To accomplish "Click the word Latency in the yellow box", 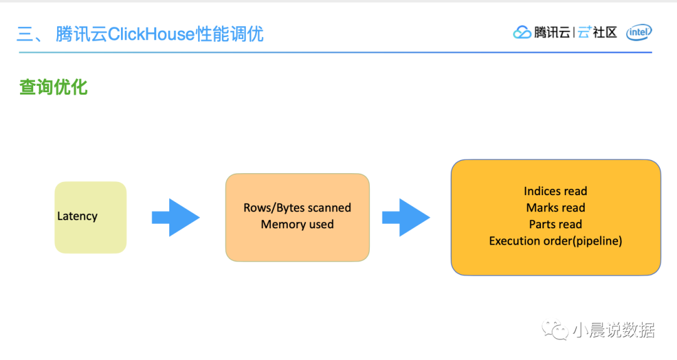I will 77,216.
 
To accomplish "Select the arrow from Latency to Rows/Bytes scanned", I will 176,218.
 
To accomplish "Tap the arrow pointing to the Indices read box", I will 406,218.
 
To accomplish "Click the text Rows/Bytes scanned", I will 297,208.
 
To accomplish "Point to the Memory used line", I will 297,225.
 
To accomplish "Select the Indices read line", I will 555,191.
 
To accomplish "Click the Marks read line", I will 555,208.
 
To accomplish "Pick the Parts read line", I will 555,225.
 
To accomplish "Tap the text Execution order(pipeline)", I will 555,241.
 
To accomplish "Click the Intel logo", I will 639,33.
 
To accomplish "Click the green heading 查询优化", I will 53,87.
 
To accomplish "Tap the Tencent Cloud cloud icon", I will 522,33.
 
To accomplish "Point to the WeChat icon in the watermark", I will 555,329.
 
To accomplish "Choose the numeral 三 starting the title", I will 28,34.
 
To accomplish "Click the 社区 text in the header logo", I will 605,33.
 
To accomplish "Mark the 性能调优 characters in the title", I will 229,34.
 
